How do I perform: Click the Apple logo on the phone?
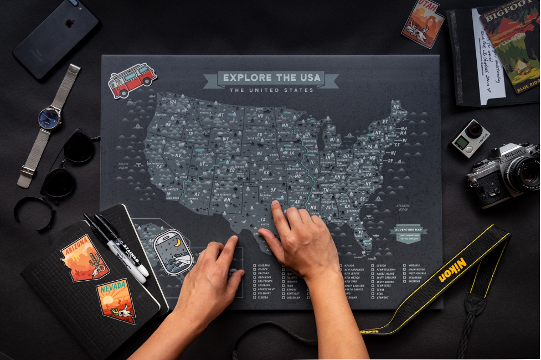[70, 24]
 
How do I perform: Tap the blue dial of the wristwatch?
[50, 118]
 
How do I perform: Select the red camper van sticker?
[132, 80]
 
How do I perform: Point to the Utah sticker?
[423, 23]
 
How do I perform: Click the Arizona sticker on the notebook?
[84, 258]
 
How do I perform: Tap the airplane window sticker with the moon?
[173, 252]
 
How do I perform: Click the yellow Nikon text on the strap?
[453, 269]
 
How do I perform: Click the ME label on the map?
[396, 104]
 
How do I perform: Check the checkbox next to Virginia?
[404, 265]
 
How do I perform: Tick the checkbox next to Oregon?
[372, 265]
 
